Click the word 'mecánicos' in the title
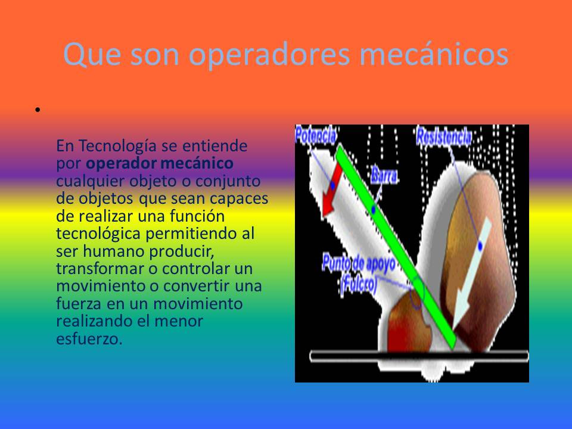(x=434, y=55)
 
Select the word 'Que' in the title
(x=92, y=55)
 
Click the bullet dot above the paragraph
(x=38, y=110)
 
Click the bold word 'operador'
(x=122, y=164)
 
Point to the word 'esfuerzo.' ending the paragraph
(x=89, y=339)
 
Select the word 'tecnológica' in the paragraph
(x=98, y=234)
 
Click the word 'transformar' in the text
(x=100, y=269)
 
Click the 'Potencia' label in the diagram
(x=316, y=135)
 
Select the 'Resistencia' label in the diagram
(x=443, y=137)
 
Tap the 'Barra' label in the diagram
(x=384, y=176)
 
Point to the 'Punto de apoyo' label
(x=359, y=264)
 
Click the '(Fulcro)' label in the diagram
(x=359, y=285)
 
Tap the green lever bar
(x=396, y=247)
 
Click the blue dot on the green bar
(x=373, y=209)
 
